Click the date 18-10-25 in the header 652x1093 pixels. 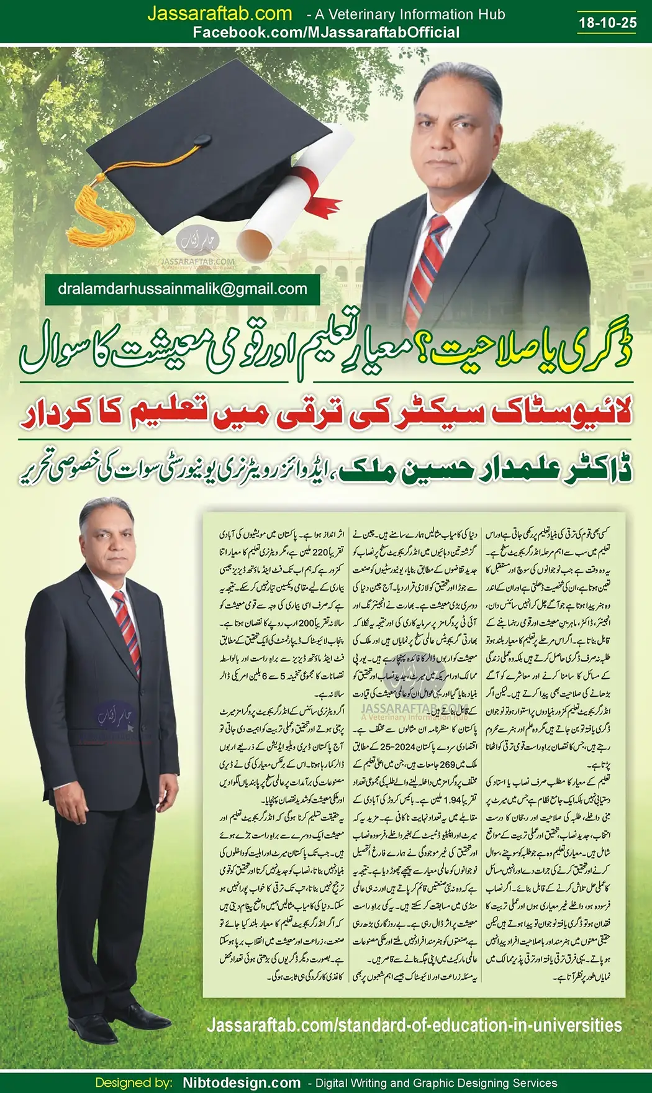point(607,23)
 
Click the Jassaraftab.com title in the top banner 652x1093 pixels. point(219,14)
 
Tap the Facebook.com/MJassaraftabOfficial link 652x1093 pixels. point(326,33)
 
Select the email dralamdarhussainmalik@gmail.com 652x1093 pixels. point(183,289)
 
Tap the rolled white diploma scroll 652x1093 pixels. point(292,199)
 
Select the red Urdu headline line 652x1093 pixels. point(326,415)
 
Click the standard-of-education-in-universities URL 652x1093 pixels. point(414,1025)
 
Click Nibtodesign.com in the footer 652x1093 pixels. point(242,1083)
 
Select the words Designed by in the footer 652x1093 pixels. point(134,1083)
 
